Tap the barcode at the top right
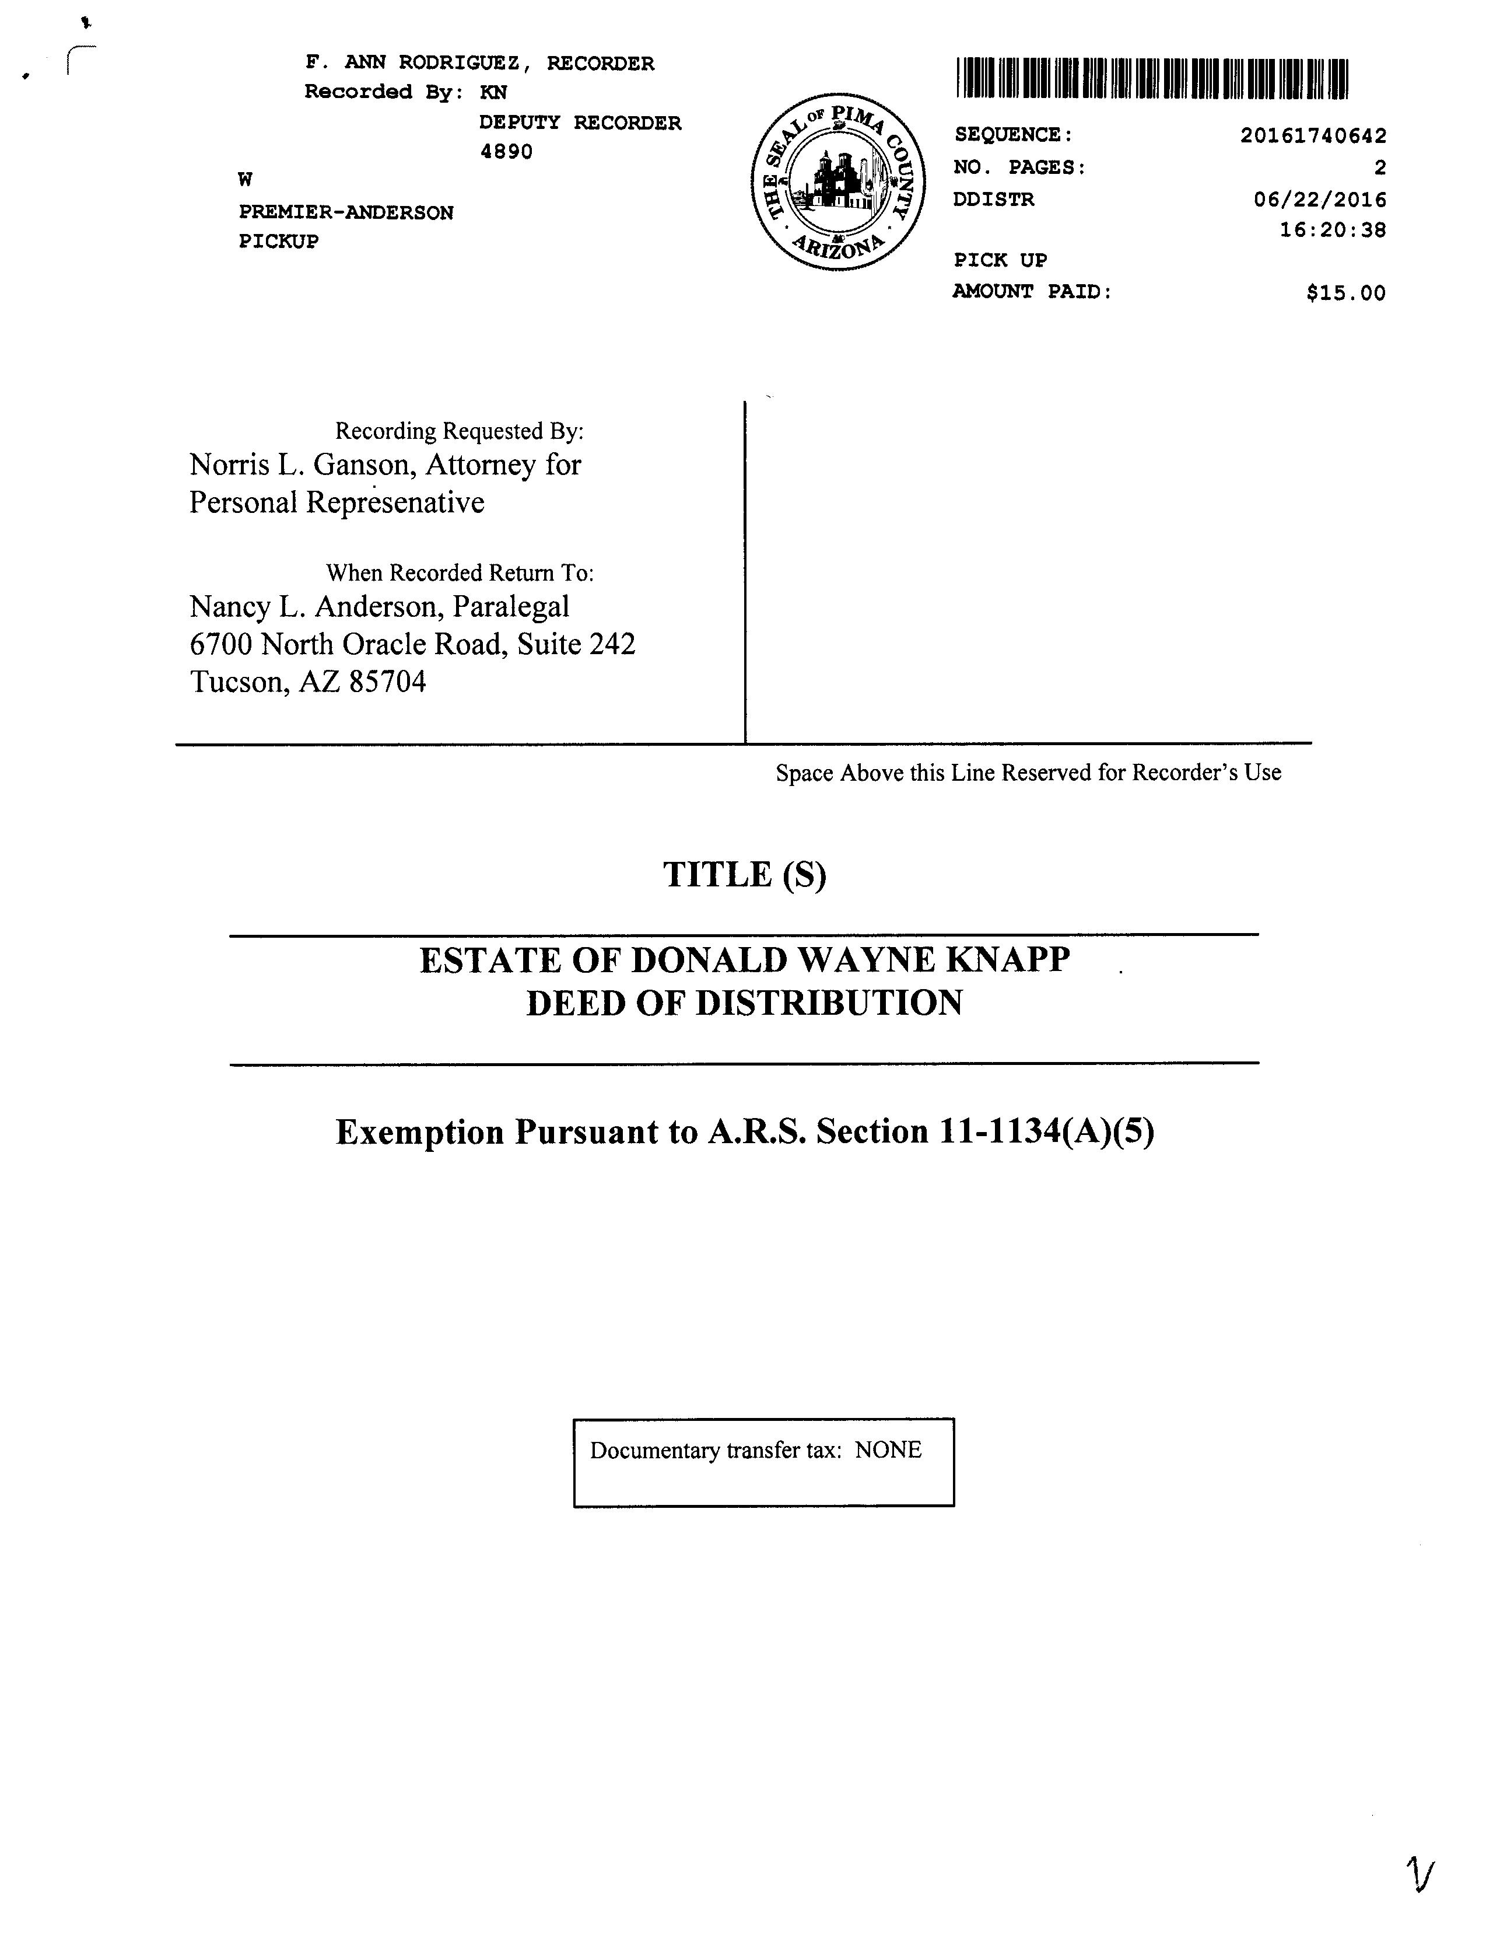1152,78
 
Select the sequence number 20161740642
1313,135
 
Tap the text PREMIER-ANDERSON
346,212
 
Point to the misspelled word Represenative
395,502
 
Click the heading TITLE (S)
745,874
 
